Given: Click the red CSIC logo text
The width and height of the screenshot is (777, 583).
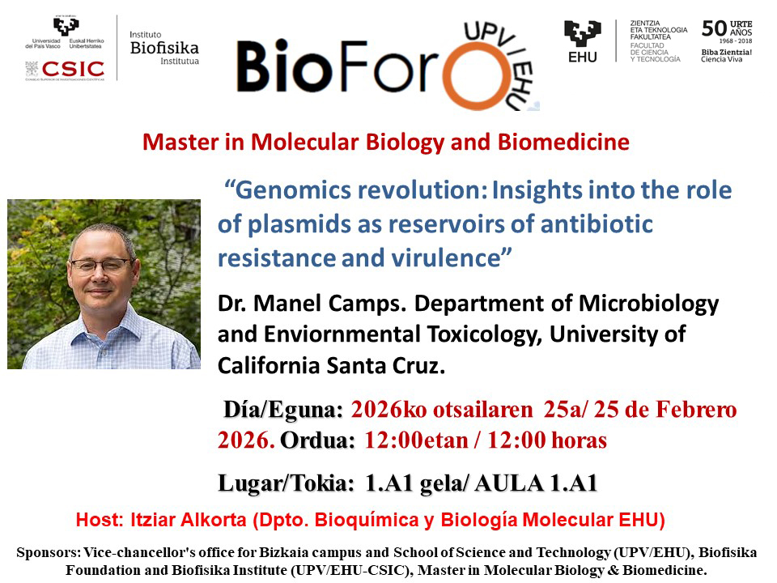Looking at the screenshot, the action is (73, 69).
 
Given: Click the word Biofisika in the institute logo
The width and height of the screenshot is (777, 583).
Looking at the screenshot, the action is (164, 48).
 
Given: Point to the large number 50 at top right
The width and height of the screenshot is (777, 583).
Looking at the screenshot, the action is (714, 28).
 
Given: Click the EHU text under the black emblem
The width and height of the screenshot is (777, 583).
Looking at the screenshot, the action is (583, 57).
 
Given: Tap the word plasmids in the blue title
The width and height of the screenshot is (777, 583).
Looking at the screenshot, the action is (299, 224).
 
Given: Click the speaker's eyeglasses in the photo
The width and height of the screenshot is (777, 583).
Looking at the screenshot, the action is (103, 266).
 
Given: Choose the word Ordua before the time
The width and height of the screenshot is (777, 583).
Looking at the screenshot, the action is (317, 440).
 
